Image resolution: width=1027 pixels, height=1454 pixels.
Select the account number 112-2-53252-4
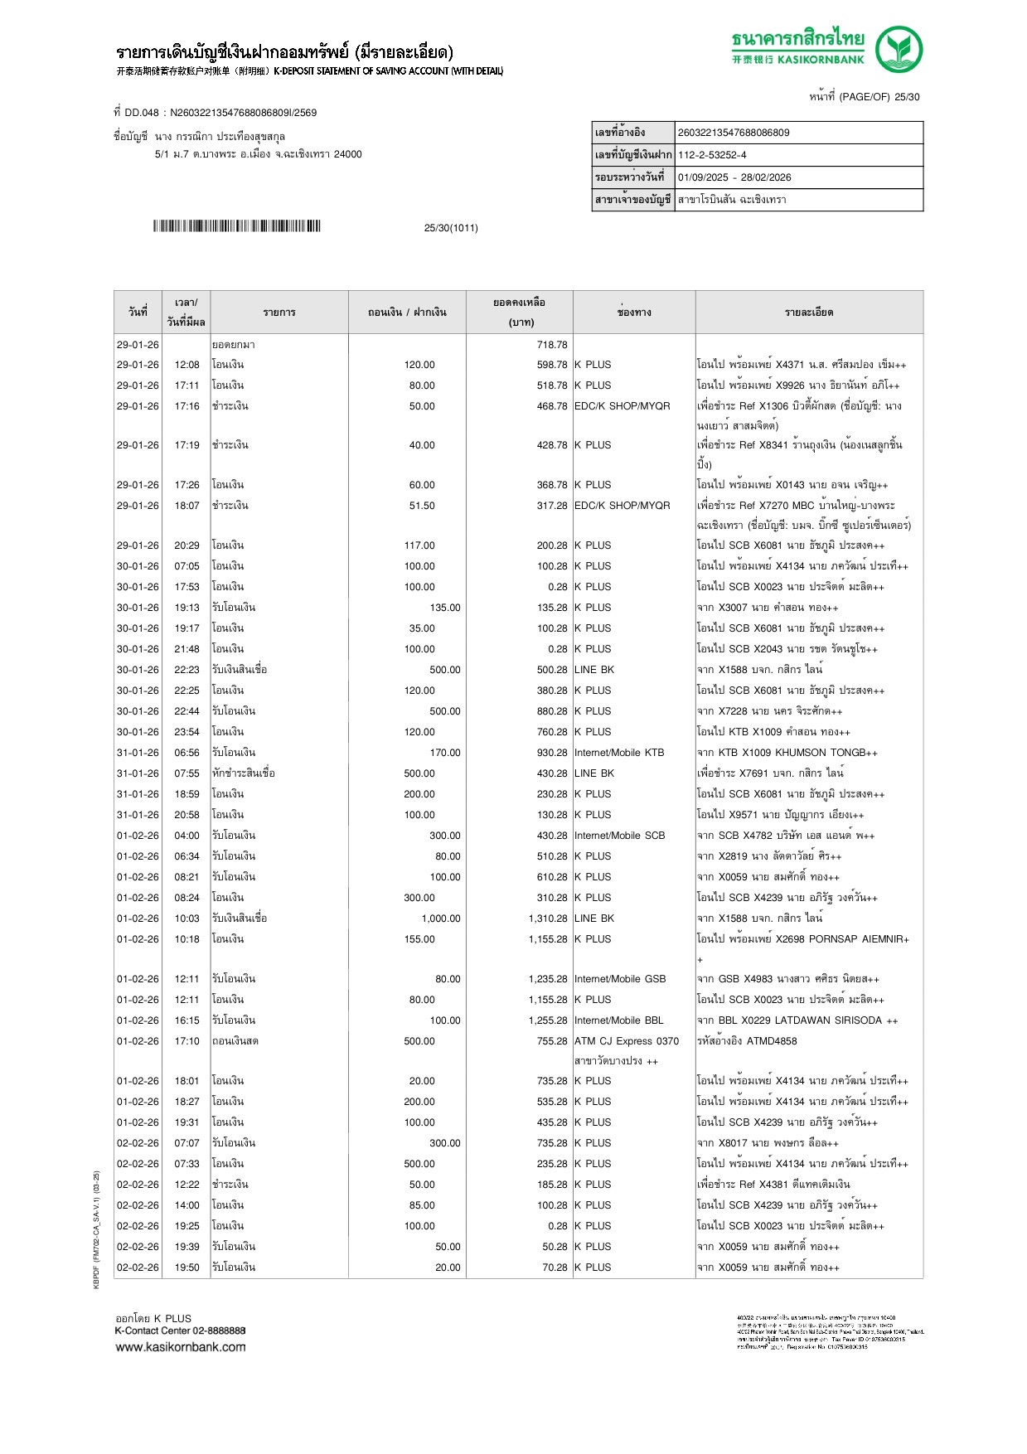click(x=712, y=155)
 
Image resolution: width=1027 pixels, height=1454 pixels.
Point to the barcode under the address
click(x=236, y=226)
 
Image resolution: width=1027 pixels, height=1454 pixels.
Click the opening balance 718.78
click(x=551, y=345)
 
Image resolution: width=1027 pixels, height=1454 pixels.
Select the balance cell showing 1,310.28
click(x=547, y=918)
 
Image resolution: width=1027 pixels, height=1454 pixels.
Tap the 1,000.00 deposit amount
click(x=440, y=918)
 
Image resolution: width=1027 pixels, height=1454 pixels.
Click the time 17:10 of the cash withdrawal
click(x=187, y=1041)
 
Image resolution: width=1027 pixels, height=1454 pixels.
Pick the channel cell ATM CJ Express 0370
click(x=626, y=1041)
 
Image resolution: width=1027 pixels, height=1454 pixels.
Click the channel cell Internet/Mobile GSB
click(x=620, y=979)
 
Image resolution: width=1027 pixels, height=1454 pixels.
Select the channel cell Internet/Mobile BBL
click(x=618, y=1020)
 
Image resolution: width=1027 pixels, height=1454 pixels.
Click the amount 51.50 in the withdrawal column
click(x=421, y=506)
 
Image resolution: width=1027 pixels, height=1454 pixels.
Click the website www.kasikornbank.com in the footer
click(x=181, y=1347)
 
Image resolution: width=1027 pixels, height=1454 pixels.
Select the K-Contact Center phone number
click(x=219, y=1330)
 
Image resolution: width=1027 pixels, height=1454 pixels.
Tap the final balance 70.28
click(x=555, y=1267)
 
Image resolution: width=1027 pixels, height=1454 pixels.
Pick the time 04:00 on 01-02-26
click(x=187, y=836)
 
